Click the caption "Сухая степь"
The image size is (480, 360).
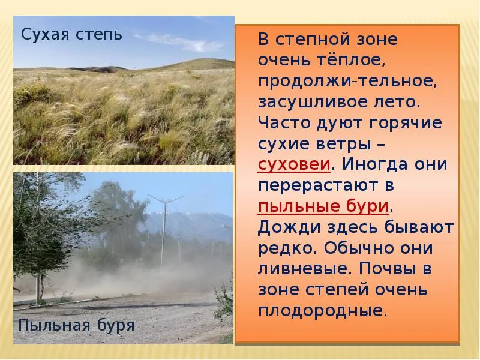[x=71, y=34]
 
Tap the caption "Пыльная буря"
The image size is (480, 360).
[x=77, y=325]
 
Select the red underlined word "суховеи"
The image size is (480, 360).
[x=294, y=164]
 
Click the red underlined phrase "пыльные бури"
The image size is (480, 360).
[x=323, y=206]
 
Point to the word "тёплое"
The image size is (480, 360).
[x=349, y=59]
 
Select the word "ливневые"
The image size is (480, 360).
[x=303, y=269]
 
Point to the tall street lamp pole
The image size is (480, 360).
[x=163, y=233]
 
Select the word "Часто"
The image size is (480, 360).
[x=284, y=123]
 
